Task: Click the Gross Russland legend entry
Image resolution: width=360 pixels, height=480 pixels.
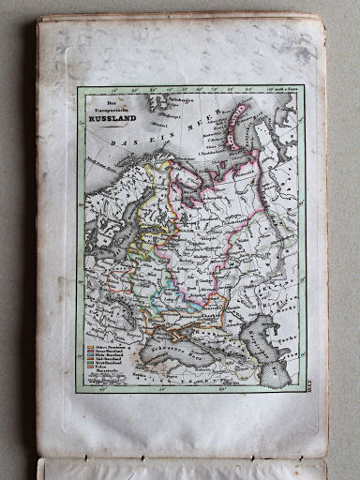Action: pyautogui.click(x=106, y=352)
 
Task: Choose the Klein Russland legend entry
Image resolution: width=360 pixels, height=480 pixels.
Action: pyautogui.click(x=106, y=357)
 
